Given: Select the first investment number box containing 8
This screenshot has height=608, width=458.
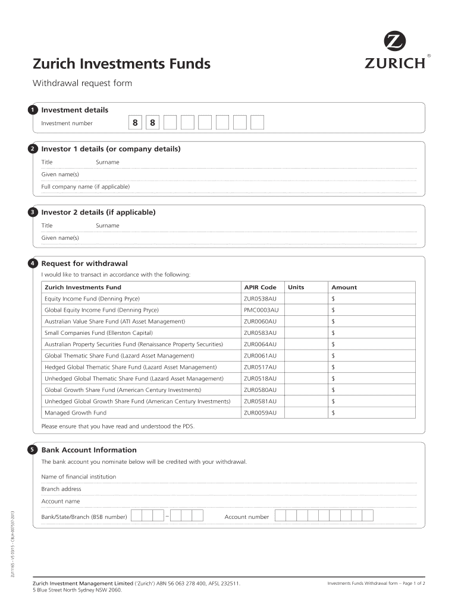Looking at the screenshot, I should click(135, 123).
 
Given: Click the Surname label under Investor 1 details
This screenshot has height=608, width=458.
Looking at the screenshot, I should click(107, 162).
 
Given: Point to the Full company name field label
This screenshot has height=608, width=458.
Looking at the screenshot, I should click(85, 186).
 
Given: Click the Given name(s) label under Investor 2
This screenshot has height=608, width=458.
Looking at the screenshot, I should click(59, 237).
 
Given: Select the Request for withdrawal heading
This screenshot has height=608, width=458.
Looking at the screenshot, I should click(84, 263).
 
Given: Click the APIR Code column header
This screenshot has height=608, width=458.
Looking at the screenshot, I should click(260, 287).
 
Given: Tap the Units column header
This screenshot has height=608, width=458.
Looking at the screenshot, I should click(296, 287).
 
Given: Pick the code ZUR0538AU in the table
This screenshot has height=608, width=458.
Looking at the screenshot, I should click(260, 299).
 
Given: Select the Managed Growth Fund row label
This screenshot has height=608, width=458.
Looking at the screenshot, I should click(76, 413).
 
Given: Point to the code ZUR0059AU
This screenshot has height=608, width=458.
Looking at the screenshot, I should click(260, 413).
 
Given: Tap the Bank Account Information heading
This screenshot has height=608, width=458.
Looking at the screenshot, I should click(89, 450).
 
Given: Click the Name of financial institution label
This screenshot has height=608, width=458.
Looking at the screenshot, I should click(79, 476).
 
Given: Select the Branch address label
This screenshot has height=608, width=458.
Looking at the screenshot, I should click(61, 489).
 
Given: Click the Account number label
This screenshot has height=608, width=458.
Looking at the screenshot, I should click(246, 517).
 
